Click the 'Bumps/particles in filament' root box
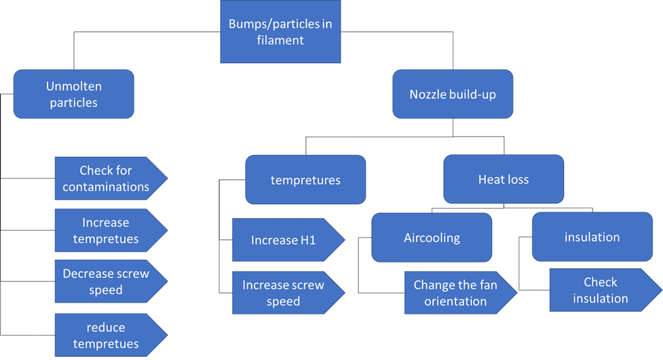click(x=280, y=32)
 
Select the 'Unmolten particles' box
click(x=74, y=94)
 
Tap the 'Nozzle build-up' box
click(x=452, y=94)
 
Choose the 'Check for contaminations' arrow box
click(x=106, y=179)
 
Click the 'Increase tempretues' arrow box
click(x=106, y=230)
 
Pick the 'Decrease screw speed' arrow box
click(x=106, y=282)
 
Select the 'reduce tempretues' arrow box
click(x=106, y=335)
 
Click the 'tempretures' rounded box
click(x=305, y=179)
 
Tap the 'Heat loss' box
click(x=504, y=179)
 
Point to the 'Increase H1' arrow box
click(x=283, y=240)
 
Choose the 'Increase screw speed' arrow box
click(x=283, y=293)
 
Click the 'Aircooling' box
click(x=432, y=237)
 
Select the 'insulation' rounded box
click(x=592, y=237)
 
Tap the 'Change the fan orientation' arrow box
click(x=455, y=293)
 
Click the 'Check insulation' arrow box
click(x=600, y=290)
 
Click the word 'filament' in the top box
click(x=281, y=40)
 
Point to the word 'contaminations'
click(x=106, y=187)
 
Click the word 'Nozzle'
click(x=428, y=94)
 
